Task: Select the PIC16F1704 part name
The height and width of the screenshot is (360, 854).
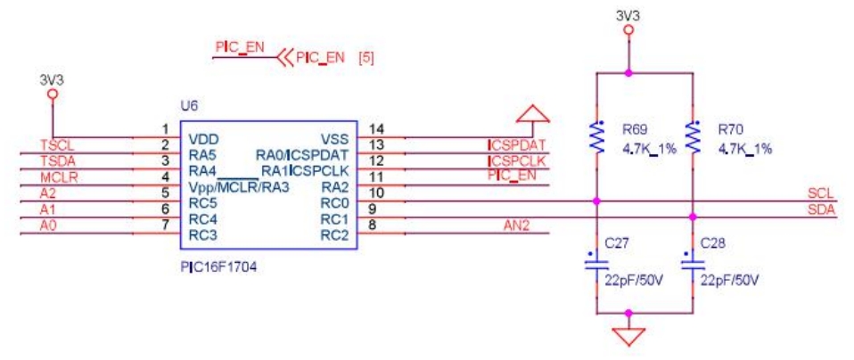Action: point(219,265)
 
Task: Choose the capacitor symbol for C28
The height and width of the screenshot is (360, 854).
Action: point(692,265)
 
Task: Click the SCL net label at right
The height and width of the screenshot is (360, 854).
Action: point(820,193)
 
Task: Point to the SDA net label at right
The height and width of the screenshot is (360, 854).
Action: point(820,209)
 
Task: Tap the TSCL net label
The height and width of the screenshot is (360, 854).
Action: point(55,144)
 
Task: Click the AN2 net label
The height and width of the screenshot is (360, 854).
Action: point(516,225)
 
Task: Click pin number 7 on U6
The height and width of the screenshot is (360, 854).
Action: point(165,226)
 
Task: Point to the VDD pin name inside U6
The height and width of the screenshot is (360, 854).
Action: point(204,139)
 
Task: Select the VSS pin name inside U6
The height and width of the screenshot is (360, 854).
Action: point(335,139)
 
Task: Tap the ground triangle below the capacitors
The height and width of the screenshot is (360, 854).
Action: point(629,337)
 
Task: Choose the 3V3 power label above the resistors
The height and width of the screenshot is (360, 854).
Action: point(628,15)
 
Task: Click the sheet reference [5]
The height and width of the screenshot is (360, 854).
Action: point(365,59)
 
